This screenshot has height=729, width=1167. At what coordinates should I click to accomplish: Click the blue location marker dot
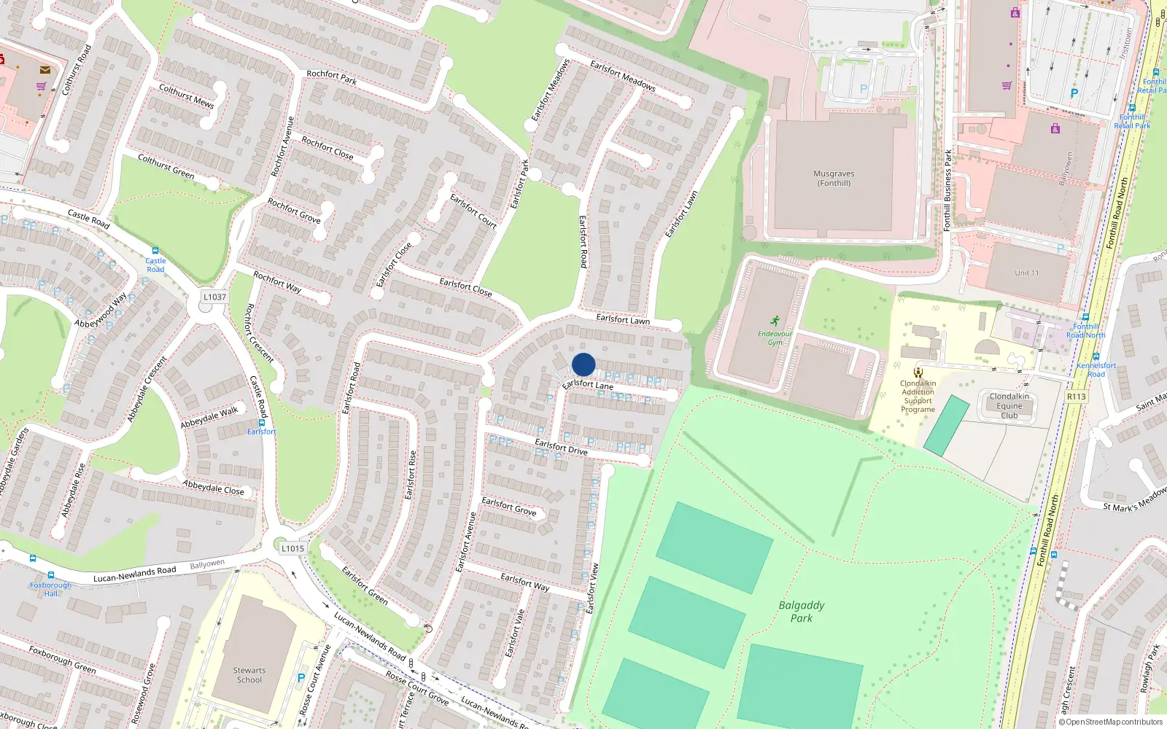coord(583,364)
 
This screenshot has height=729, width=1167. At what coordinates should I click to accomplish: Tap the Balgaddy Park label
coord(801,612)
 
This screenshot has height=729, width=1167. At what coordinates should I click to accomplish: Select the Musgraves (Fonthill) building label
coord(834,179)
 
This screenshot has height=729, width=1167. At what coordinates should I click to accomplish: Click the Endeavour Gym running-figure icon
coord(775,321)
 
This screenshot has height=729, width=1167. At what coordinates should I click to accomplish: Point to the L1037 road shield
coord(214,297)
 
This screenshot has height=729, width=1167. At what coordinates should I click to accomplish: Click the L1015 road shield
coord(292,549)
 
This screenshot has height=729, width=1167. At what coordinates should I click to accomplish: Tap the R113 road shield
coord(1076,397)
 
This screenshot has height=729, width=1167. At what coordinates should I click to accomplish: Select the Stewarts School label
coord(249,675)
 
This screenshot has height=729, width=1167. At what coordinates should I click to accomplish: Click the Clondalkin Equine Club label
coord(1009,406)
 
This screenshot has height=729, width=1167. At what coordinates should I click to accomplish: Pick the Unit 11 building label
coord(1026,273)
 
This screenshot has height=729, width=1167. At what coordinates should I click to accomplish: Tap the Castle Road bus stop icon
coord(155,251)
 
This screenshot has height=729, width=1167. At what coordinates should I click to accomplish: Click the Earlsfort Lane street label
coord(588,384)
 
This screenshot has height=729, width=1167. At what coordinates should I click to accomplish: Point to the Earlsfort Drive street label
coord(561,447)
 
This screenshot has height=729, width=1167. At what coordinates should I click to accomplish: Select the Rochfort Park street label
coord(332,77)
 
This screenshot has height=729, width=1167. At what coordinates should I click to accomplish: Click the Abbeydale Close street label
coord(214,487)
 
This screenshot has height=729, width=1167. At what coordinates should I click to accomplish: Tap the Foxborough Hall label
coord(50,589)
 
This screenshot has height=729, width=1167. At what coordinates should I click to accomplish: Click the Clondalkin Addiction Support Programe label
coord(918,397)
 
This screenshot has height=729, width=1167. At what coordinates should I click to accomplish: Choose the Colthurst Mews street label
coord(187,96)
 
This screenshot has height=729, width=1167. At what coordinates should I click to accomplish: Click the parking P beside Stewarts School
coord(301,678)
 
